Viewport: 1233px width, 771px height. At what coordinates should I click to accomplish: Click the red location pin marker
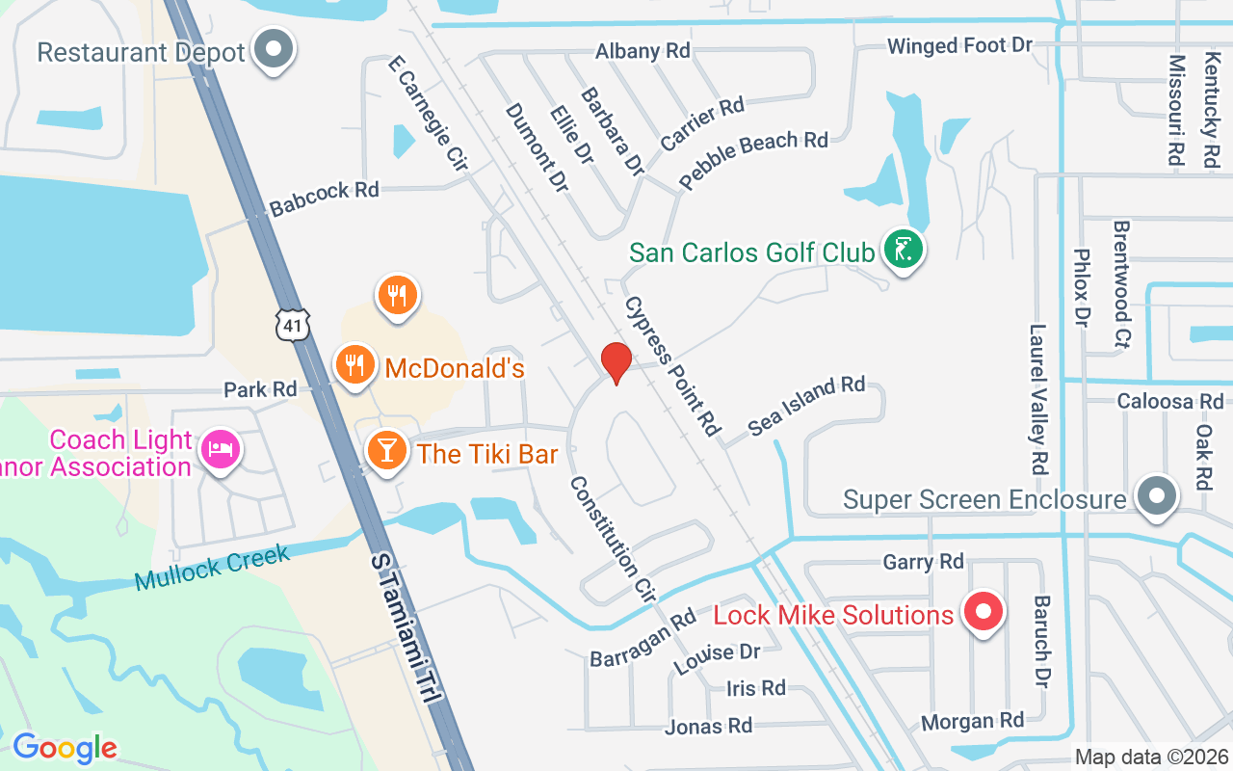point(616,362)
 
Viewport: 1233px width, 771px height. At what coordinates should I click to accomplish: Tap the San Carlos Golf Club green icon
point(903,251)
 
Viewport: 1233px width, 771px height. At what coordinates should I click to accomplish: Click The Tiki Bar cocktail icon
point(387,451)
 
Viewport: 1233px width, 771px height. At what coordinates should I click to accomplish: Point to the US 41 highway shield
point(292,326)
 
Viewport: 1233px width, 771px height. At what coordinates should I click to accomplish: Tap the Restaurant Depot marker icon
point(274,49)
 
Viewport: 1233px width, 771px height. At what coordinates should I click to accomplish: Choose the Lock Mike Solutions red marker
point(984,612)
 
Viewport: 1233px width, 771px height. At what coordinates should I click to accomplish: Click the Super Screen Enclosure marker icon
point(1157,496)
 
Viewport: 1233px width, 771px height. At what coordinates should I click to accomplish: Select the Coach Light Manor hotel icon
point(221,450)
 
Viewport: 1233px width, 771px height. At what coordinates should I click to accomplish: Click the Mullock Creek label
point(212,568)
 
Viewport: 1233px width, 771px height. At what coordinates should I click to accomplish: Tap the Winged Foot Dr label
point(959,46)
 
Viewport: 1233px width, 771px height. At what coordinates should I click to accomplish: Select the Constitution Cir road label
point(613,540)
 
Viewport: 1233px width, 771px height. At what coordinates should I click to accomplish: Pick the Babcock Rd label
point(325,198)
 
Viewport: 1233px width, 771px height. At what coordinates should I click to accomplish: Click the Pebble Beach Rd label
point(753,159)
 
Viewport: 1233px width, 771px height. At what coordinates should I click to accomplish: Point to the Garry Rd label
point(923,561)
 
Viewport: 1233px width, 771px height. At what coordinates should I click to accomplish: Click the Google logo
point(65,747)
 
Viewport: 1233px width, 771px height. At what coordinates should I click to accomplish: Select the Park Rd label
point(260,389)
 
